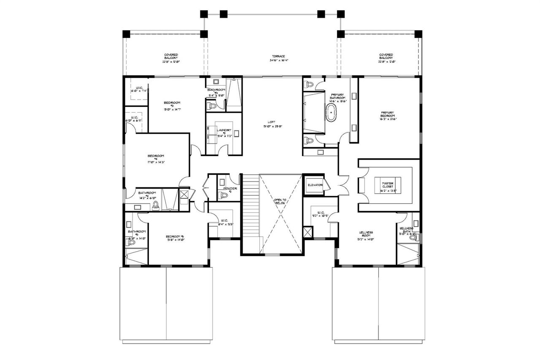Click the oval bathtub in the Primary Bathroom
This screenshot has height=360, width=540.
pyautogui.click(x=332, y=114)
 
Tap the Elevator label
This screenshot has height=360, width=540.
pyautogui.click(x=315, y=185)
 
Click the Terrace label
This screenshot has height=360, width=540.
pyautogui.click(x=278, y=58)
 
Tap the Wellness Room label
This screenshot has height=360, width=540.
pyautogui.click(x=366, y=234)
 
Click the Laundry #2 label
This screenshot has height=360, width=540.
pyautogui.click(x=224, y=133)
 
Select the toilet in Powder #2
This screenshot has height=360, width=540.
pyautogui.click(x=224, y=195)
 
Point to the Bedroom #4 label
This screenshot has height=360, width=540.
pyautogui.click(x=156, y=158)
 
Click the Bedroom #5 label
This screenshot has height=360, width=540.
pyautogui.click(x=174, y=238)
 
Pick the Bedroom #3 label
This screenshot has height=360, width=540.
pyautogui.click(x=172, y=106)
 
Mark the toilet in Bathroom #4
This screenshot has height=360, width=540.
pyautogui.click(x=156, y=206)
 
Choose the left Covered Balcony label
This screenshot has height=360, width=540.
pyautogui.click(x=171, y=58)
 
